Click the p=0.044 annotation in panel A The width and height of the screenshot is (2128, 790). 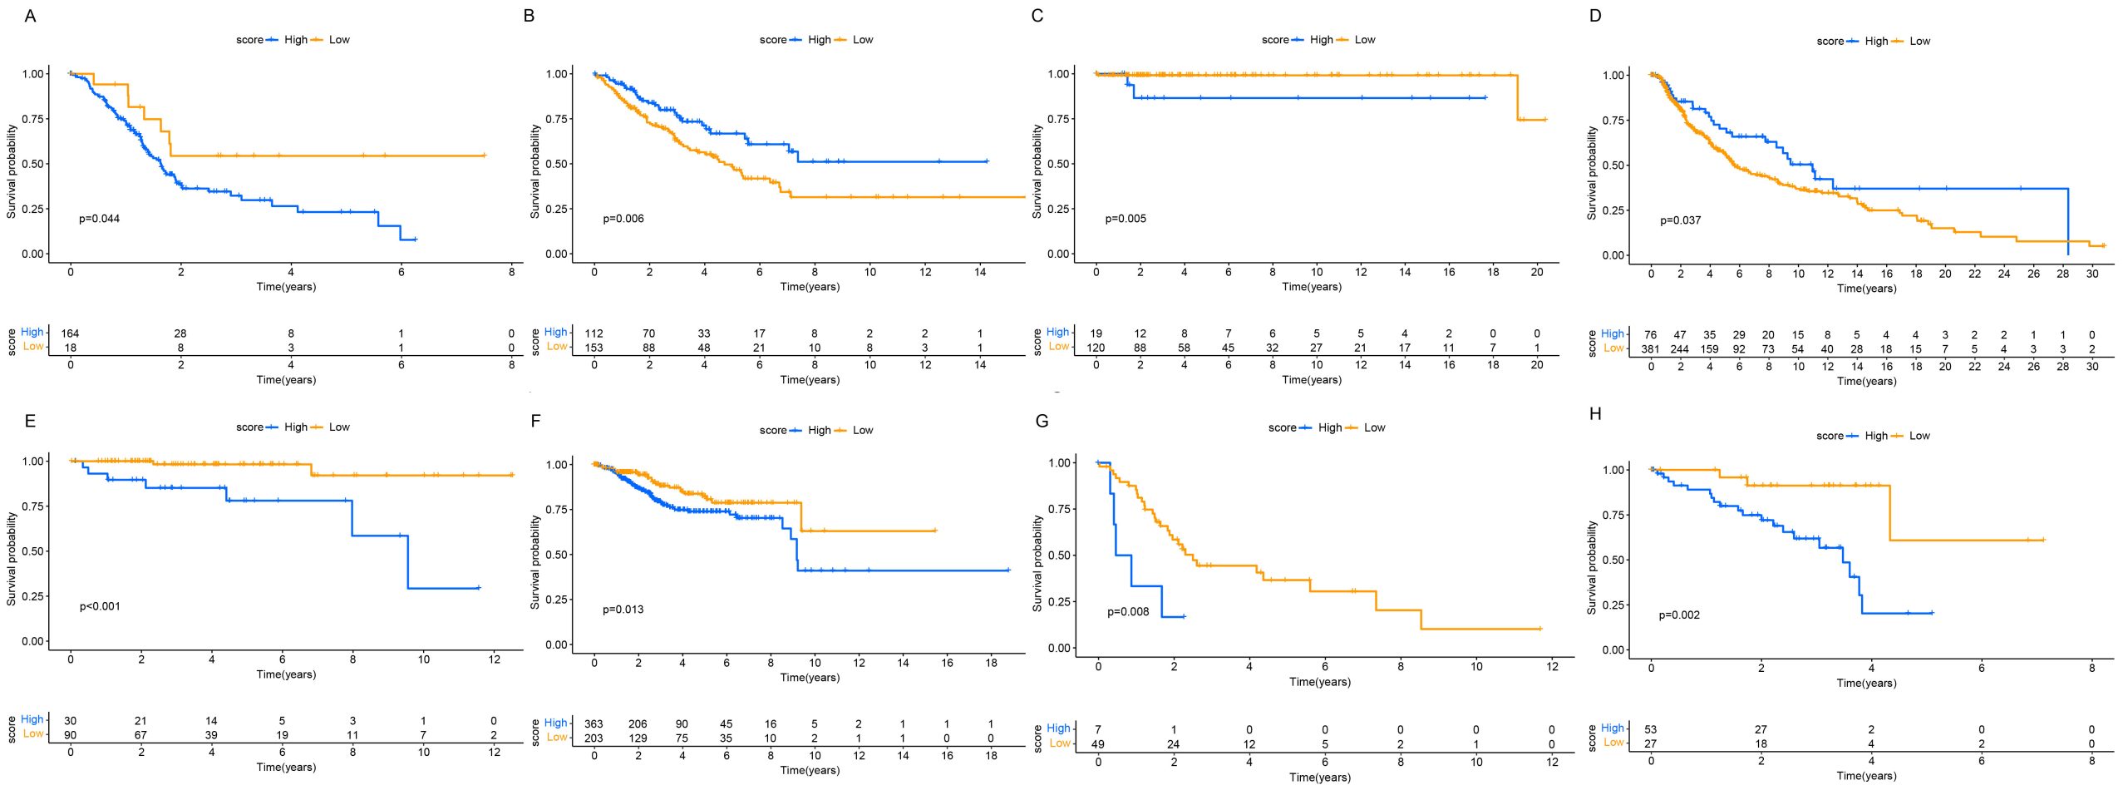click(x=99, y=219)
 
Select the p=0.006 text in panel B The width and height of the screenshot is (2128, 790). click(x=623, y=219)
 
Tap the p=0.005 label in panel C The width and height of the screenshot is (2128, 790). click(x=1125, y=219)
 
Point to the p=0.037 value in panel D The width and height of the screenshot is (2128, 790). click(x=1680, y=220)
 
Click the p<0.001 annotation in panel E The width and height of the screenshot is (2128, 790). click(x=100, y=606)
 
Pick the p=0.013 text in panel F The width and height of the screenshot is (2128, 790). click(x=623, y=610)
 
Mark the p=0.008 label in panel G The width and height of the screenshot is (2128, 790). click(x=1128, y=612)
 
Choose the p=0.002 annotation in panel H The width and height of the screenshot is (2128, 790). click(x=1679, y=615)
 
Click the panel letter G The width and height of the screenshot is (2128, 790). click(x=1042, y=421)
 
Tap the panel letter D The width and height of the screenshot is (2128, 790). click(x=1594, y=16)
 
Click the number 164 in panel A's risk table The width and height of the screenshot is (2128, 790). click(x=71, y=333)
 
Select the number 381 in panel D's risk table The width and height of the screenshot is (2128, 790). click(x=1650, y=349)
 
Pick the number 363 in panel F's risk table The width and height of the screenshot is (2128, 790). click(x=594, y=724)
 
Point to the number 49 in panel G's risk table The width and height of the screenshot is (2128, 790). click(x=1098, y=744)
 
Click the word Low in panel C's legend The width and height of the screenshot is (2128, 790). click(x=1365, y=40)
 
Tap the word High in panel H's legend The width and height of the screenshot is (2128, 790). click(x=1876, y=436)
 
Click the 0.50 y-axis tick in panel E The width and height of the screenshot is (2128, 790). click(x=34, y=551)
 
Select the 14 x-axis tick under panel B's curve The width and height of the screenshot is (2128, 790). click(x=980, y=272)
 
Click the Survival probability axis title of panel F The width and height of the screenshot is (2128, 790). click(x=535, y=561)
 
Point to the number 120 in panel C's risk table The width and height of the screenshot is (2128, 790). click(x=1096, y=348)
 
